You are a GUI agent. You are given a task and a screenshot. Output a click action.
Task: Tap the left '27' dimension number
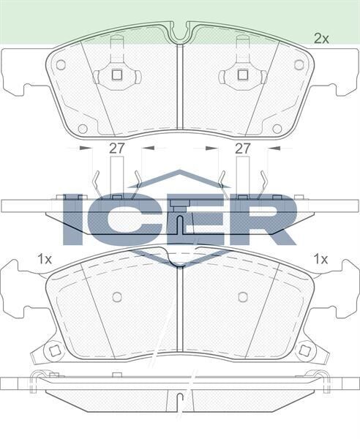pyautogui.click(x=117, y=148)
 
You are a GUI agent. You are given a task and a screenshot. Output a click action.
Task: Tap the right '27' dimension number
pyautogui.click(x=243, y=148)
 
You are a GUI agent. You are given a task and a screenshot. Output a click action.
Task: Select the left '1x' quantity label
pyautogui.click(x=45, y=258)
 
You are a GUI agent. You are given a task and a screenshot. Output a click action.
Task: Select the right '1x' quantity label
pyautogui.click(x=320, y=258)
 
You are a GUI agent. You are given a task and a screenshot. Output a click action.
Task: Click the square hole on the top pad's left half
pyautogui.click(x=116, y=73)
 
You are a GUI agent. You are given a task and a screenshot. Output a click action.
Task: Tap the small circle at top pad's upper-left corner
pyautogui.click(x=61, y=64)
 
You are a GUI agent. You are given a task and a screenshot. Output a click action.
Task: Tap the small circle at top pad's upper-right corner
pyautogui.click(x=299, y=64)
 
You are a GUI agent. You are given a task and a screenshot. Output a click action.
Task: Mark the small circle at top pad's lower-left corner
pyautogui.click(x=83, y=129)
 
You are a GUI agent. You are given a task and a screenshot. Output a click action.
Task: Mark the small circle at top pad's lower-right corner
pyautogui.click(x=277, y=129)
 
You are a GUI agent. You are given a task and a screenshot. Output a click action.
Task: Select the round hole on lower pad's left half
pyautogui.click(x=116, y=296)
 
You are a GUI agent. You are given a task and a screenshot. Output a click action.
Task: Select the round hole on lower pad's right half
pyautogui.click(x=243, y=296)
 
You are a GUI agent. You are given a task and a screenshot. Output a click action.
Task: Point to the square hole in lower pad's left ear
pyautogui.click(x=54, y=350)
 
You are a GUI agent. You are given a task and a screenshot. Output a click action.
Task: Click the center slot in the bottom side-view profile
pyautogui.click(x=179, y=401)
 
